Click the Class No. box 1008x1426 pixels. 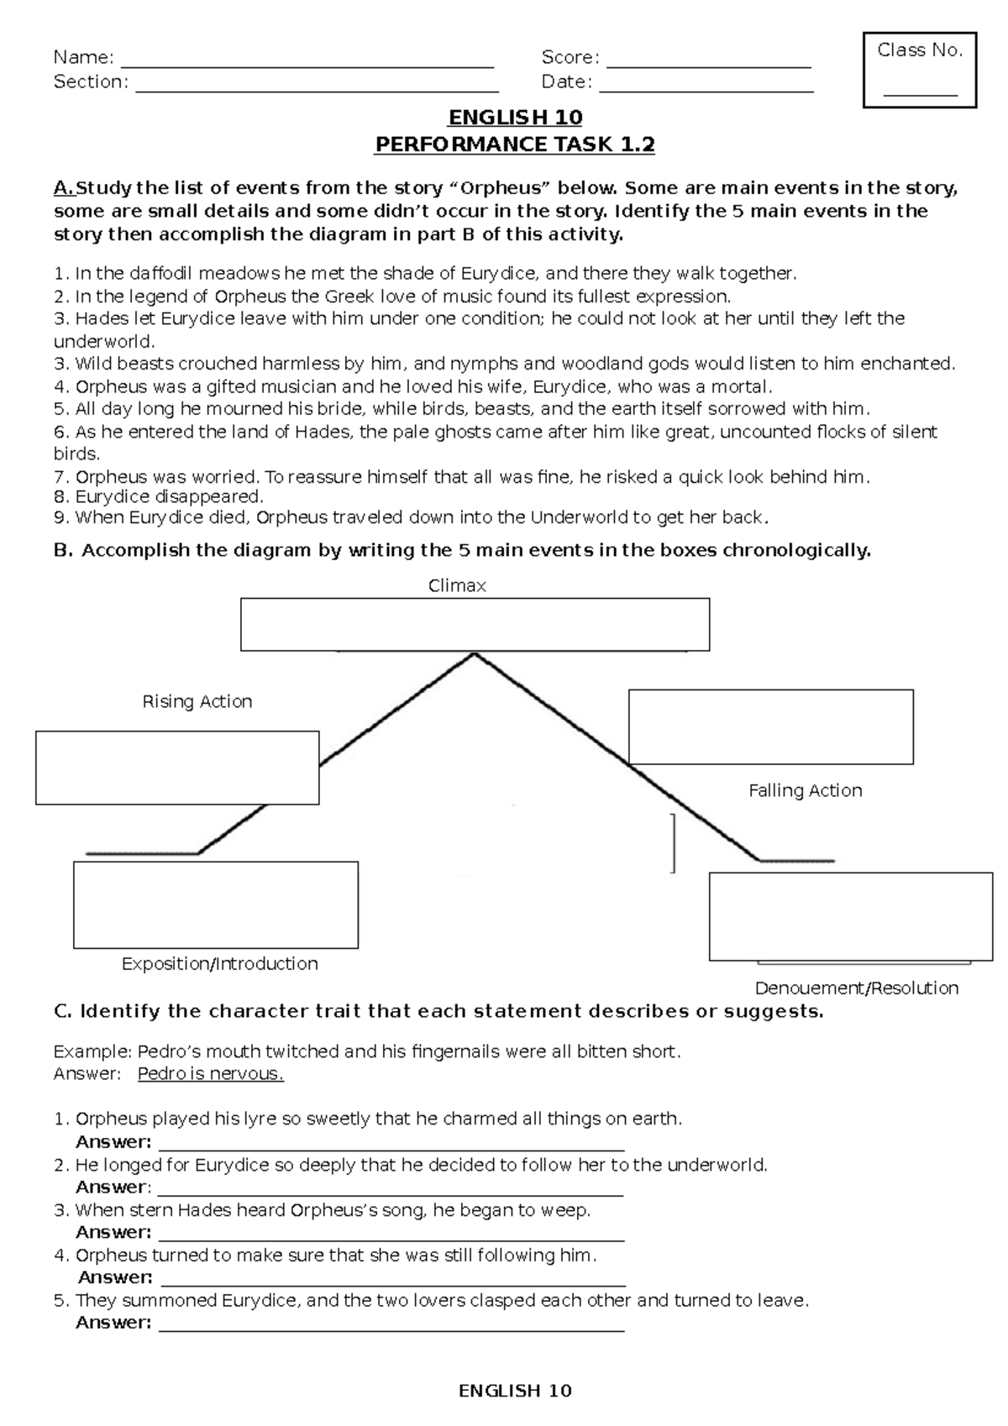pos(920,71)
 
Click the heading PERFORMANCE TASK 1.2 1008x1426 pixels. pos(514,144)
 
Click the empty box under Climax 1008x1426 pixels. pos(475,624)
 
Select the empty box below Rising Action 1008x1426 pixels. pos(177,768)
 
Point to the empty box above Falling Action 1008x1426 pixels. pos(770,726)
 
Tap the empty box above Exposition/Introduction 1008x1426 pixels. pos(216,904)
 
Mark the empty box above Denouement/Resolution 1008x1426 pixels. pos(850,916)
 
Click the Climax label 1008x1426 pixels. pos(457,585)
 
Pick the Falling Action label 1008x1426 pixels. pos(805,790)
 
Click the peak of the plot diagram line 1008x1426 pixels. pos(475,654)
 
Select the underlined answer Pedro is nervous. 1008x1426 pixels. pos(210,1074)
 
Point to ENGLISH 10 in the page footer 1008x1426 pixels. pos(514,1391)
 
